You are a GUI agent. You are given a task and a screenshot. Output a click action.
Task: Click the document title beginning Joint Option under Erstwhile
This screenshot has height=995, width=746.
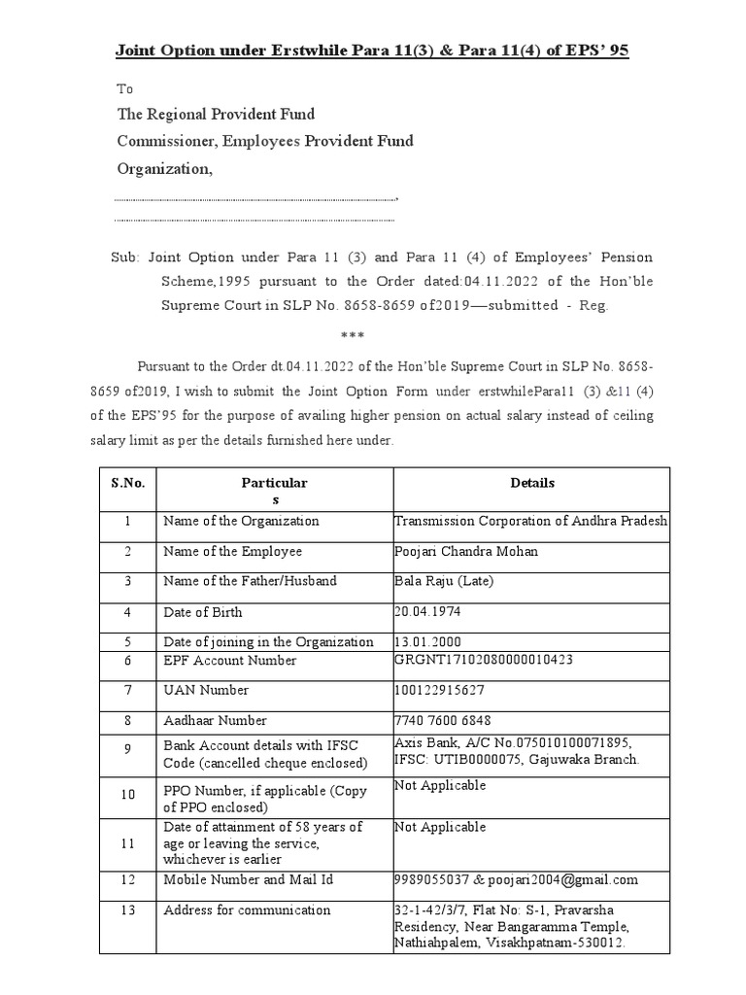[x=373, y=50]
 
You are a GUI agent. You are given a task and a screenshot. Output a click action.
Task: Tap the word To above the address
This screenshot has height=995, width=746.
[x=124, y=88]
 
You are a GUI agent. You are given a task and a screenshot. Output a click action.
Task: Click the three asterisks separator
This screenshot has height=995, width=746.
[x=351, y=336]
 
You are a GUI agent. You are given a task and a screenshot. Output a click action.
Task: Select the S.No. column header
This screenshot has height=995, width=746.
[x=127, y=483]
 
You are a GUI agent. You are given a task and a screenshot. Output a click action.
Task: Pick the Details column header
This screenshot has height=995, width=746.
[x=531, y=483]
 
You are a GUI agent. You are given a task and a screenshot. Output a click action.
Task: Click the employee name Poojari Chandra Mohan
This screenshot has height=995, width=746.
[x=465, y=552]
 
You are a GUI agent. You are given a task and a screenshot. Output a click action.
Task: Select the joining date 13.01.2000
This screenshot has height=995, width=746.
[x=428, y=642]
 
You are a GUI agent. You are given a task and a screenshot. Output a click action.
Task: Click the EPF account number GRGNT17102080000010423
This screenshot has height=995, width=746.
[x=483, y=661]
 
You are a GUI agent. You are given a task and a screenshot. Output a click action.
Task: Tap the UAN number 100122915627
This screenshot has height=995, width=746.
[x=439, y=691]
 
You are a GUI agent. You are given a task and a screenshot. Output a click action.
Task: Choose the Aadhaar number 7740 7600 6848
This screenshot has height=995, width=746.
[x=442, y=721]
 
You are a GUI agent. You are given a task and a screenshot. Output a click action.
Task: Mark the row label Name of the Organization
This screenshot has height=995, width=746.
[x=241, y=521]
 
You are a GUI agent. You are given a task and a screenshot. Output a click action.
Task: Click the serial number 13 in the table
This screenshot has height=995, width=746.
[x=127, y=911]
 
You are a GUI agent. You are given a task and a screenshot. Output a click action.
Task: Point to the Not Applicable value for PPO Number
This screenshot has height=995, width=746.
[x=440, y=785]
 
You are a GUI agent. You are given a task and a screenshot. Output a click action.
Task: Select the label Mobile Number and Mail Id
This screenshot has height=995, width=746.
[x=248, y=880]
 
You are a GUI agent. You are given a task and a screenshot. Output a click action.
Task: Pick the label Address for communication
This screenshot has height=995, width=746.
[x=247, y=911]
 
